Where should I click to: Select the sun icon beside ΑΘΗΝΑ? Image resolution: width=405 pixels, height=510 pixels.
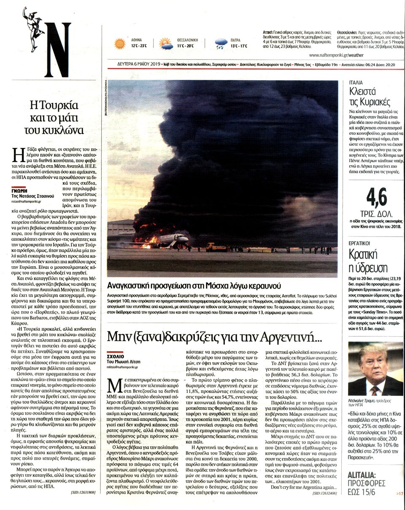(x=120, y=44)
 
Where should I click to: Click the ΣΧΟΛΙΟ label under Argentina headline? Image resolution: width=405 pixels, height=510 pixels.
(x=117, y=357)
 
